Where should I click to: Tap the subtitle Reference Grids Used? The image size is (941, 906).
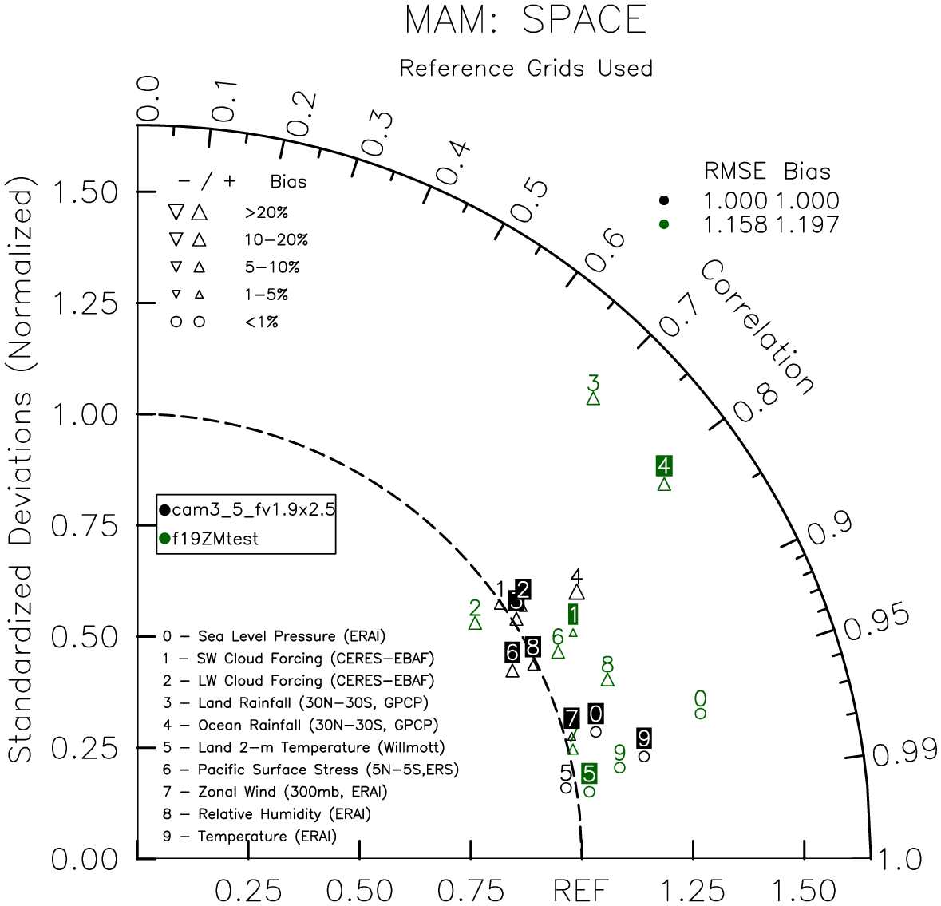(x=526, y=69)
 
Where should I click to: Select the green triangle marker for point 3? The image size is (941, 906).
(x=593, y=398)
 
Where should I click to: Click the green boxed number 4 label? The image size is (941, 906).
(x=664, y=466)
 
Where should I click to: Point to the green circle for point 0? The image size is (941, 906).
(x=700, y=714)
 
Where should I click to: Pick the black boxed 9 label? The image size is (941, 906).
(x=644, y=738)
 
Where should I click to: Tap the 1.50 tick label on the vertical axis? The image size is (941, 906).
(x=85, y=192)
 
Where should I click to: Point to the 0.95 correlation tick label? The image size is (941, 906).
(x=877, y=622)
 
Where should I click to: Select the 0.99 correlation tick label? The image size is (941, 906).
(x=903, y=753)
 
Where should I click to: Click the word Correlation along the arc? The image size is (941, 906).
(x=757, y=327)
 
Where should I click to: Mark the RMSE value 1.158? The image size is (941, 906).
(x=735, y=224)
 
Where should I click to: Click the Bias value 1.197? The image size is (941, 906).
(x=807, y=224)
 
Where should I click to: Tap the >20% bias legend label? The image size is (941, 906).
(x=267, y=212)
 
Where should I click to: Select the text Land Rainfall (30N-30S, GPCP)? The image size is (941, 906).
(x=313, y=702)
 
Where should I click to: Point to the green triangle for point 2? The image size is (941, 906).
(x=475, y=623)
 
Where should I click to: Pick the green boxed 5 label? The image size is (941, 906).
(x=589, y=773)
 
